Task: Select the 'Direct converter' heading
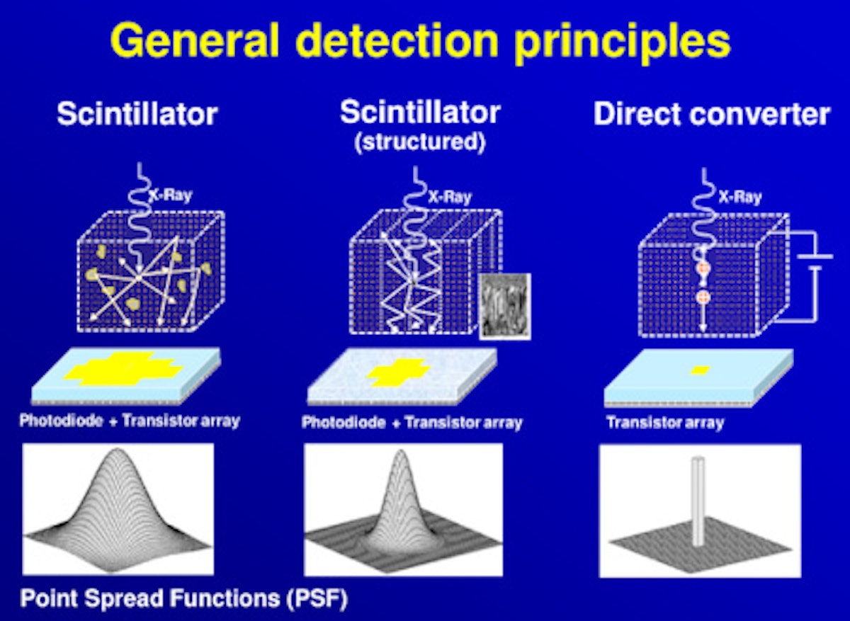click(x=711, y=115)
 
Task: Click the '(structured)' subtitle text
click(x=420, y=142)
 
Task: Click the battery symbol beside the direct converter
click(x=815, y=263)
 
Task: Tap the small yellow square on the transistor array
click(x=700, y=370)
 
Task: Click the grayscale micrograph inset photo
click(x=504, y=306)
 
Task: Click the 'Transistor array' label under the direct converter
click(x=665, y=423)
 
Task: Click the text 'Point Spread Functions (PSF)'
click(x=183, y=599)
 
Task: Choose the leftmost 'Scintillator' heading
click(x=137, y=115)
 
